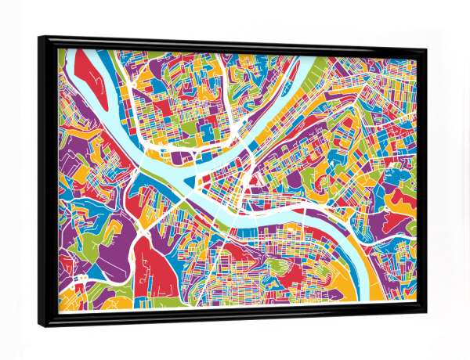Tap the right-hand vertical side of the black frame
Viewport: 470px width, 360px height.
424,180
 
